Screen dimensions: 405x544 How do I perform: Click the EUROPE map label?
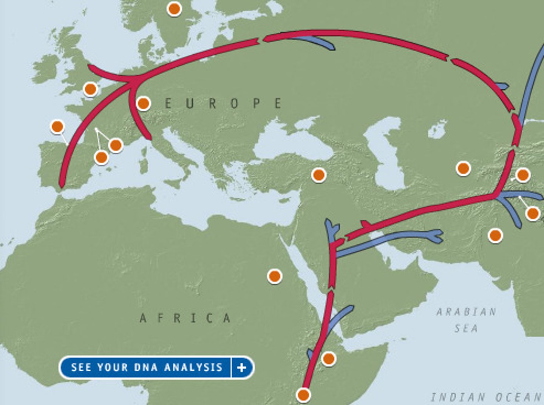point(223,103)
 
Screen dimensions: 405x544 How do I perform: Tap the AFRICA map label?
point(185,318)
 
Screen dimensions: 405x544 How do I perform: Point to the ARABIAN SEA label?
point(466,320)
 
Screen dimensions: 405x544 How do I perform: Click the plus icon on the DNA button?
point(242,367)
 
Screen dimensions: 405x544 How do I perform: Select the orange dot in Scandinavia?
point(174,8)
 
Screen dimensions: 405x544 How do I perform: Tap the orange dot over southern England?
point(90,89)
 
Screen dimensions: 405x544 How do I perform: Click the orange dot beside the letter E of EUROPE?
point(144,103)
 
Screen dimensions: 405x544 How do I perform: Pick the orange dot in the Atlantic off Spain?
point(57,127)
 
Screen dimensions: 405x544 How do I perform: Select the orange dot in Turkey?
point(318,175)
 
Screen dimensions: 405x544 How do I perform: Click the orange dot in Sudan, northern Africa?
point(275,276)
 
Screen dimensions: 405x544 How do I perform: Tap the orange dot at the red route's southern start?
point(303,395)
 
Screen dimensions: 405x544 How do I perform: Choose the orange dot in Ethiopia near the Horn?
point(329,358)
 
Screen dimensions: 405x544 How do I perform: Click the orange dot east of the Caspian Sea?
point(463,168)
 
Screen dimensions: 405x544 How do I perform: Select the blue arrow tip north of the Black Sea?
point(331,47)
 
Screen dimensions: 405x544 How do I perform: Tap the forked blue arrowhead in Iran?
point(437,236)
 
